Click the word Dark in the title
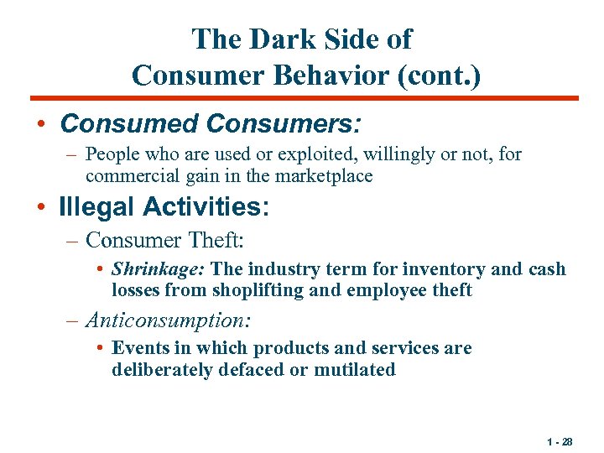pos(274,39)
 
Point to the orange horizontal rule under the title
pos(302,98)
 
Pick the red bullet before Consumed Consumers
pos(41,124)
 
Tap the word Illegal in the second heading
pos(96,206)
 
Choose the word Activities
pos(201,206)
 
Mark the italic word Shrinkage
pos(159,270)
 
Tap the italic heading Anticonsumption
pos(169,320)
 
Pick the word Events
pos(138,348)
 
